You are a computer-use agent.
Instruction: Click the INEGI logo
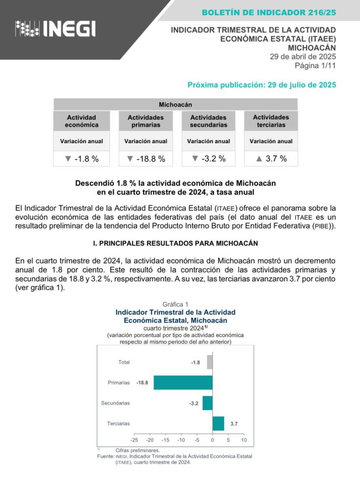(x=55, y=29)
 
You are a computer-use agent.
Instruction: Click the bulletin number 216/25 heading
(x=269, y=12)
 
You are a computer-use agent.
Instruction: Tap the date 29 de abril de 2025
(x=303, y=56)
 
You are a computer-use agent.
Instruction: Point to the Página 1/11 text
(x=315, y=65)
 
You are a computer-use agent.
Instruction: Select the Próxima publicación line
(x=261, y=85)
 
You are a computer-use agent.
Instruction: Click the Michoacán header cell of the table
(x=175, y=104)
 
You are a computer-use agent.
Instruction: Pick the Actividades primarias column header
(x=146, y=121)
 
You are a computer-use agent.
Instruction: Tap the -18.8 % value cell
(x=146, y=159)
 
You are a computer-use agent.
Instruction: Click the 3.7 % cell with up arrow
(x=271, y=159)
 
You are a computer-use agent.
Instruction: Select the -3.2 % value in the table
(x=208, y=159)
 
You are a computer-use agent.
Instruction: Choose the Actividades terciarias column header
(x=271, y=121)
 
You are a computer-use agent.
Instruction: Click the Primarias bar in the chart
(x=183, y=382)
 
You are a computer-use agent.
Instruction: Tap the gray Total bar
(x=209, y=362)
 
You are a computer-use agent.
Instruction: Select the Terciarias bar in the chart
(x=218, y=423)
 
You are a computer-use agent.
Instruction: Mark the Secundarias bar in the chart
(x=207, y=403)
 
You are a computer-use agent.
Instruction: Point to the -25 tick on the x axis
(x=134, y=440)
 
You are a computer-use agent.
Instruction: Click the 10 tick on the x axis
(x=244, y=440)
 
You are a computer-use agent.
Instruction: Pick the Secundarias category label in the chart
(x=115, y=403)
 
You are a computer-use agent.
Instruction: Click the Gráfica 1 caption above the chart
(x=175, y=304)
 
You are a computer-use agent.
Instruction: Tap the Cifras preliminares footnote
(x=137, y=450)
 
